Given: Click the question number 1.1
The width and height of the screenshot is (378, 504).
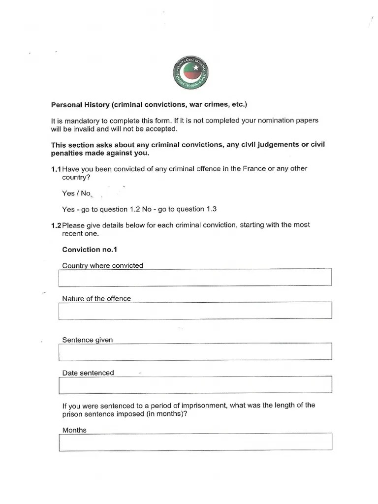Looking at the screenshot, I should tap(56, 169).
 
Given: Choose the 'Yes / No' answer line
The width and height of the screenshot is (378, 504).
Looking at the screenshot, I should tap(76, 193).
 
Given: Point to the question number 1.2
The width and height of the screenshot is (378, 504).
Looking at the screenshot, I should tap(56, 225).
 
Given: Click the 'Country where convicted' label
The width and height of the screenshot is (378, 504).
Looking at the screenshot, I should tap(102, 266).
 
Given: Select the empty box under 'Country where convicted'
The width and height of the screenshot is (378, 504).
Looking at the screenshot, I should tap(195, 278).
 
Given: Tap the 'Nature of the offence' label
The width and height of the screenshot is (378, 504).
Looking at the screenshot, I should tap(96, 298).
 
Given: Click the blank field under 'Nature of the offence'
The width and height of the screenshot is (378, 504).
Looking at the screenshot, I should tap(195, 311).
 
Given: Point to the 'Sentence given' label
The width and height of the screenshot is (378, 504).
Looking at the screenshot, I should tap(87, 340).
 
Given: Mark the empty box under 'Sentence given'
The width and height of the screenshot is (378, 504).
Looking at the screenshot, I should tap(195, 352).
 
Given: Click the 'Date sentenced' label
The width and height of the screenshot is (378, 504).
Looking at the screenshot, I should tap(88, 373).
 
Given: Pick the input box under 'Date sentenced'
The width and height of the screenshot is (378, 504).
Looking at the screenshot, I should tap(195, 385).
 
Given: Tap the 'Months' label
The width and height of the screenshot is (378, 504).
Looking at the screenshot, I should tap(74, 430).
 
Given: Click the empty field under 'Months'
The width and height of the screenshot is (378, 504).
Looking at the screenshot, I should tap(195, 442).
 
